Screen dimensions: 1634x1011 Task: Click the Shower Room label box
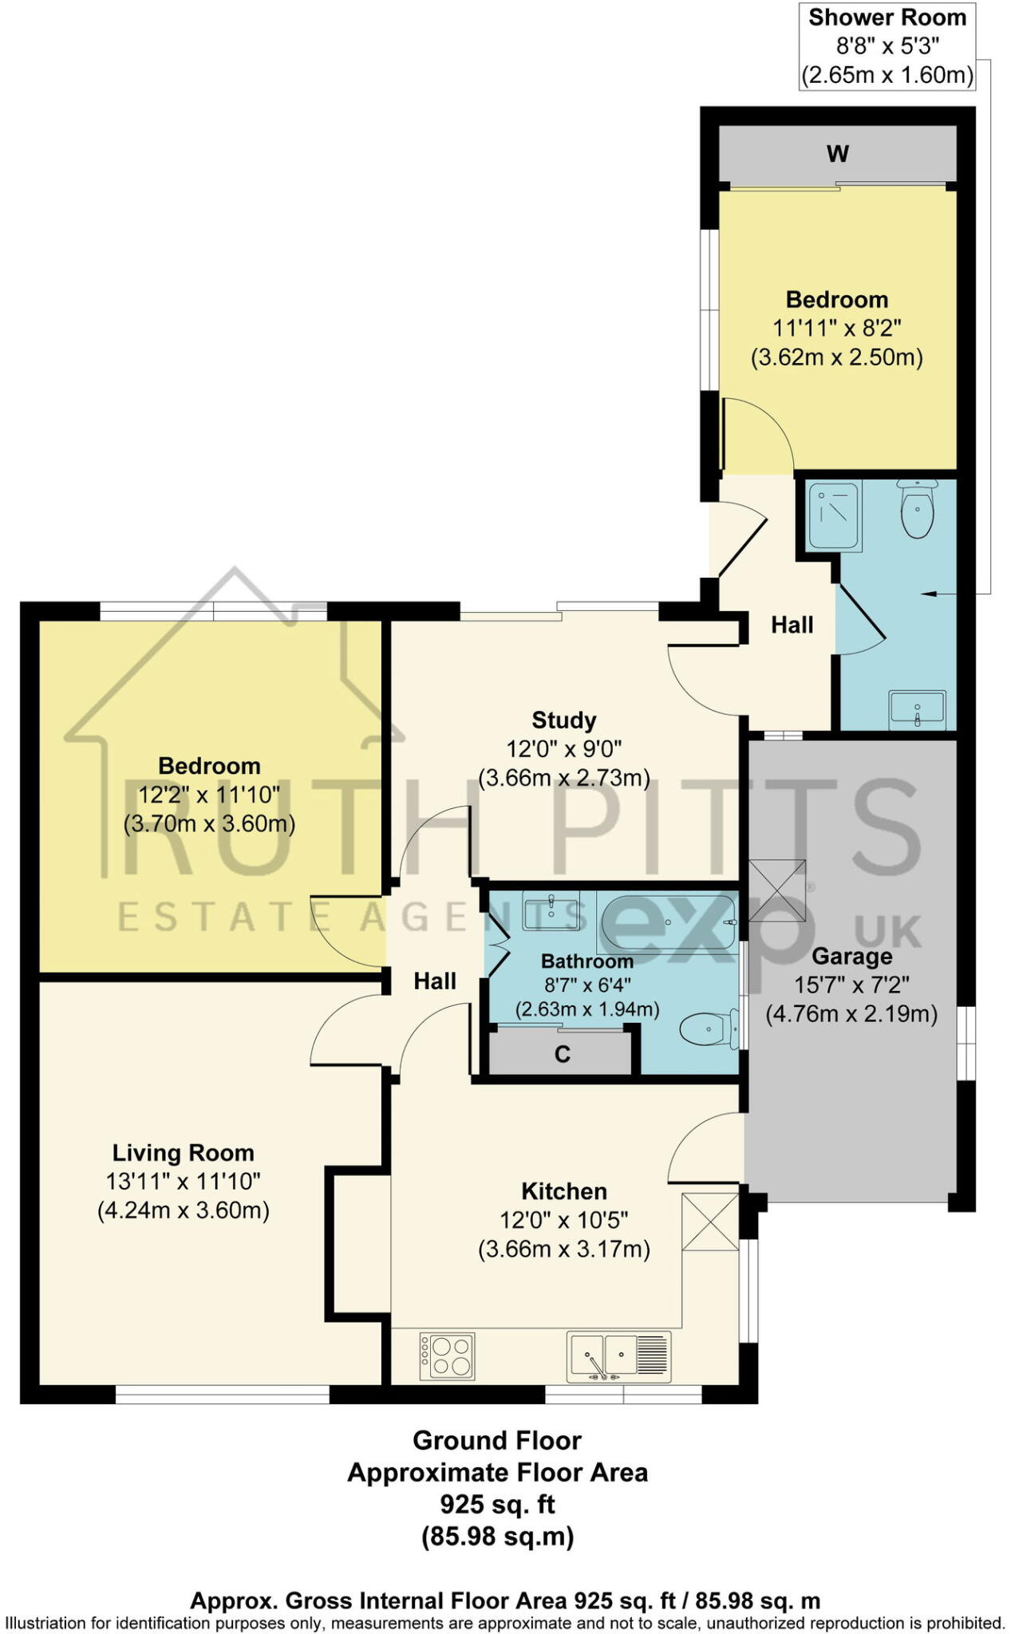(x=887, y=46)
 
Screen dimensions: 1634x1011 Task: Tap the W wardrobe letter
(x=838, y=153)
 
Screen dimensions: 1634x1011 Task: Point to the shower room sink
(x=917, y=708)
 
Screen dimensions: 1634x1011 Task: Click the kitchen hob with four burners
(x=448, y=1356)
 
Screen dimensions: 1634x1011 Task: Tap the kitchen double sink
(x=618, y=1356)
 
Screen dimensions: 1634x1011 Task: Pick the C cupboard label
(x=562, y=1055)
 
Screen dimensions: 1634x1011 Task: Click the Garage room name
(x=851, y=956)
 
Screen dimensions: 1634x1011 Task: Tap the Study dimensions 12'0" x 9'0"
(x=563, y=748)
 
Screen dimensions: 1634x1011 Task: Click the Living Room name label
(x=183, y=1152)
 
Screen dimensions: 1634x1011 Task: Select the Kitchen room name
(x=563, y=1191)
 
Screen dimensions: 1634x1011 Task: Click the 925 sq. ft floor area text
(x=497, y=1504)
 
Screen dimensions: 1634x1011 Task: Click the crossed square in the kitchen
(x=710, y=1222)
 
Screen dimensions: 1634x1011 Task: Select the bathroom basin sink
(x=551, y=911)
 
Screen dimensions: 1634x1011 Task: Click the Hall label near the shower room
(x=792, y=625)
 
